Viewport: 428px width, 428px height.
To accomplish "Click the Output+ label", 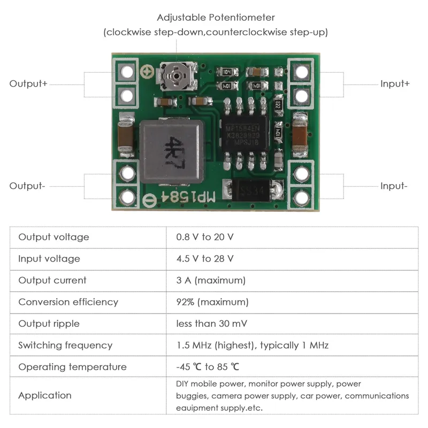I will pos(28,84).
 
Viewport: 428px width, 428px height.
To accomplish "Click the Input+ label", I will pos(395,84).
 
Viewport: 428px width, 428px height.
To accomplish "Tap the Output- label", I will pos(27,186).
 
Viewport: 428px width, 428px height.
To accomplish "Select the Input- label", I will pos(394,186).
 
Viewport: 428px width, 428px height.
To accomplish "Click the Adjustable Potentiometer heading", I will pos(216,18).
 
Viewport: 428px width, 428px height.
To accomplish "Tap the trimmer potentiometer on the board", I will pos(173,77).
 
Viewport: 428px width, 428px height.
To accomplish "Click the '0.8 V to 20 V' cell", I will pos(205,237).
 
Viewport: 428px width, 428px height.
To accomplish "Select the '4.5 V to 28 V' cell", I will pos(205,259).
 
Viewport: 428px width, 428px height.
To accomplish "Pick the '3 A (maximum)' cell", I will pos(211,280).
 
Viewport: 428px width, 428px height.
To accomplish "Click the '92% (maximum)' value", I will pos(212,302).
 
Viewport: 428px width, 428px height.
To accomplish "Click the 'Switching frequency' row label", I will pos(65,345).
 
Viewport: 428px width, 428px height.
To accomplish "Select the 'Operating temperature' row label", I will pos(72,367).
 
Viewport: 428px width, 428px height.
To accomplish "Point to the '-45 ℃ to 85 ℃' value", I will pos(208,367).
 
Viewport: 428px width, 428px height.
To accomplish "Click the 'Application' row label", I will pos(45,395).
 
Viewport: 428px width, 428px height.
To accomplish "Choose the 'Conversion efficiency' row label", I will pos(68,302).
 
